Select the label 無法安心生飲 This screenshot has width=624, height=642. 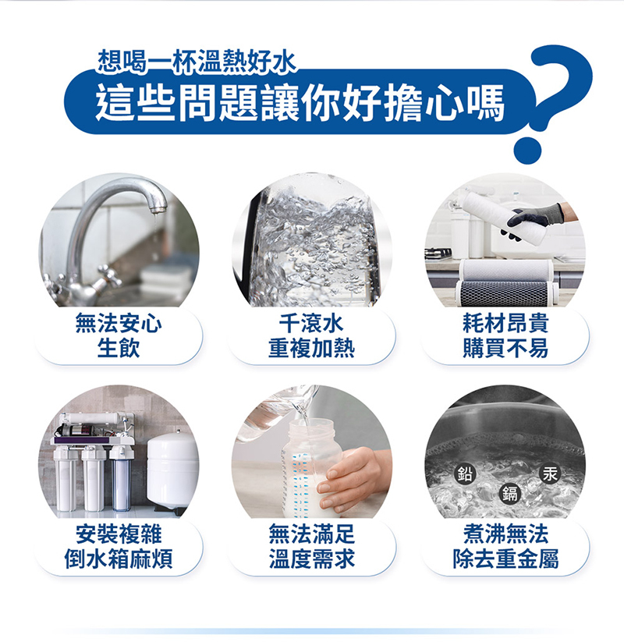(119, 335)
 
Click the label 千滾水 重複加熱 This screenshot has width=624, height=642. (311, 335)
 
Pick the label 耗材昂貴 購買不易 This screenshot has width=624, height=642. (505, 335)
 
